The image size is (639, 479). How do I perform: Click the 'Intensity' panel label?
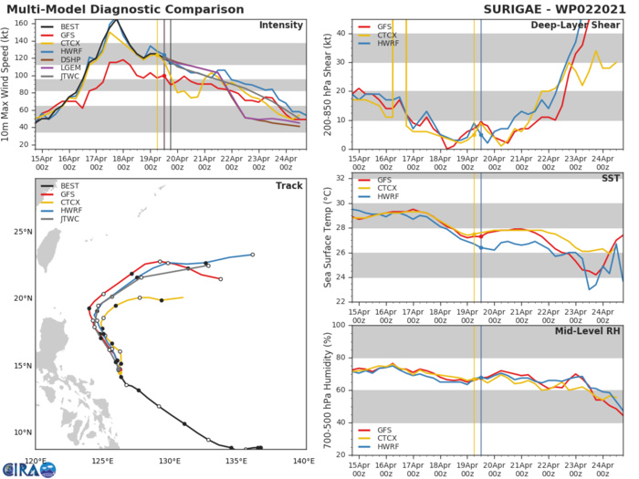pyautogui.click(x=282, y=26)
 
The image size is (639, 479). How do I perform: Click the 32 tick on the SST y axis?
pyautogui.click(x=340, y=179)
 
